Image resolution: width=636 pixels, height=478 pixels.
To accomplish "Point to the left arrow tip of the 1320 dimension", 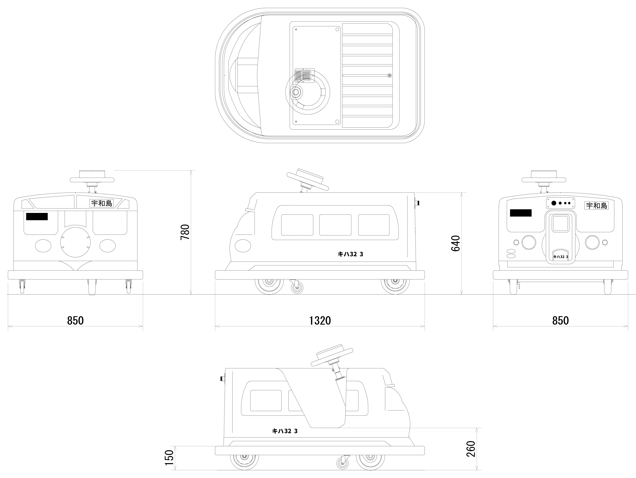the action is point(215,326).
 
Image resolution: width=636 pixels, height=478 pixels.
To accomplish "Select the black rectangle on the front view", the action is point(37,216).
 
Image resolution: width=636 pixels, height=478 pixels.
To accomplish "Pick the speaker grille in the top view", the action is point(305,75).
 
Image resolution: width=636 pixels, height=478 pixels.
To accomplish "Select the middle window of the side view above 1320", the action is point(335,225).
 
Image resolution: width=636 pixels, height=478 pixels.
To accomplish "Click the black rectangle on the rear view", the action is point(521,213).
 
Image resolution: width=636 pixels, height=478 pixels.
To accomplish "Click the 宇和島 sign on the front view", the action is point(102,203).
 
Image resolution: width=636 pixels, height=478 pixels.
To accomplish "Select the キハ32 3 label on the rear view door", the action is point(561,257).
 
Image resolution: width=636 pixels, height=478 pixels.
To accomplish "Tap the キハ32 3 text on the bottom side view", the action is point(285,431).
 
